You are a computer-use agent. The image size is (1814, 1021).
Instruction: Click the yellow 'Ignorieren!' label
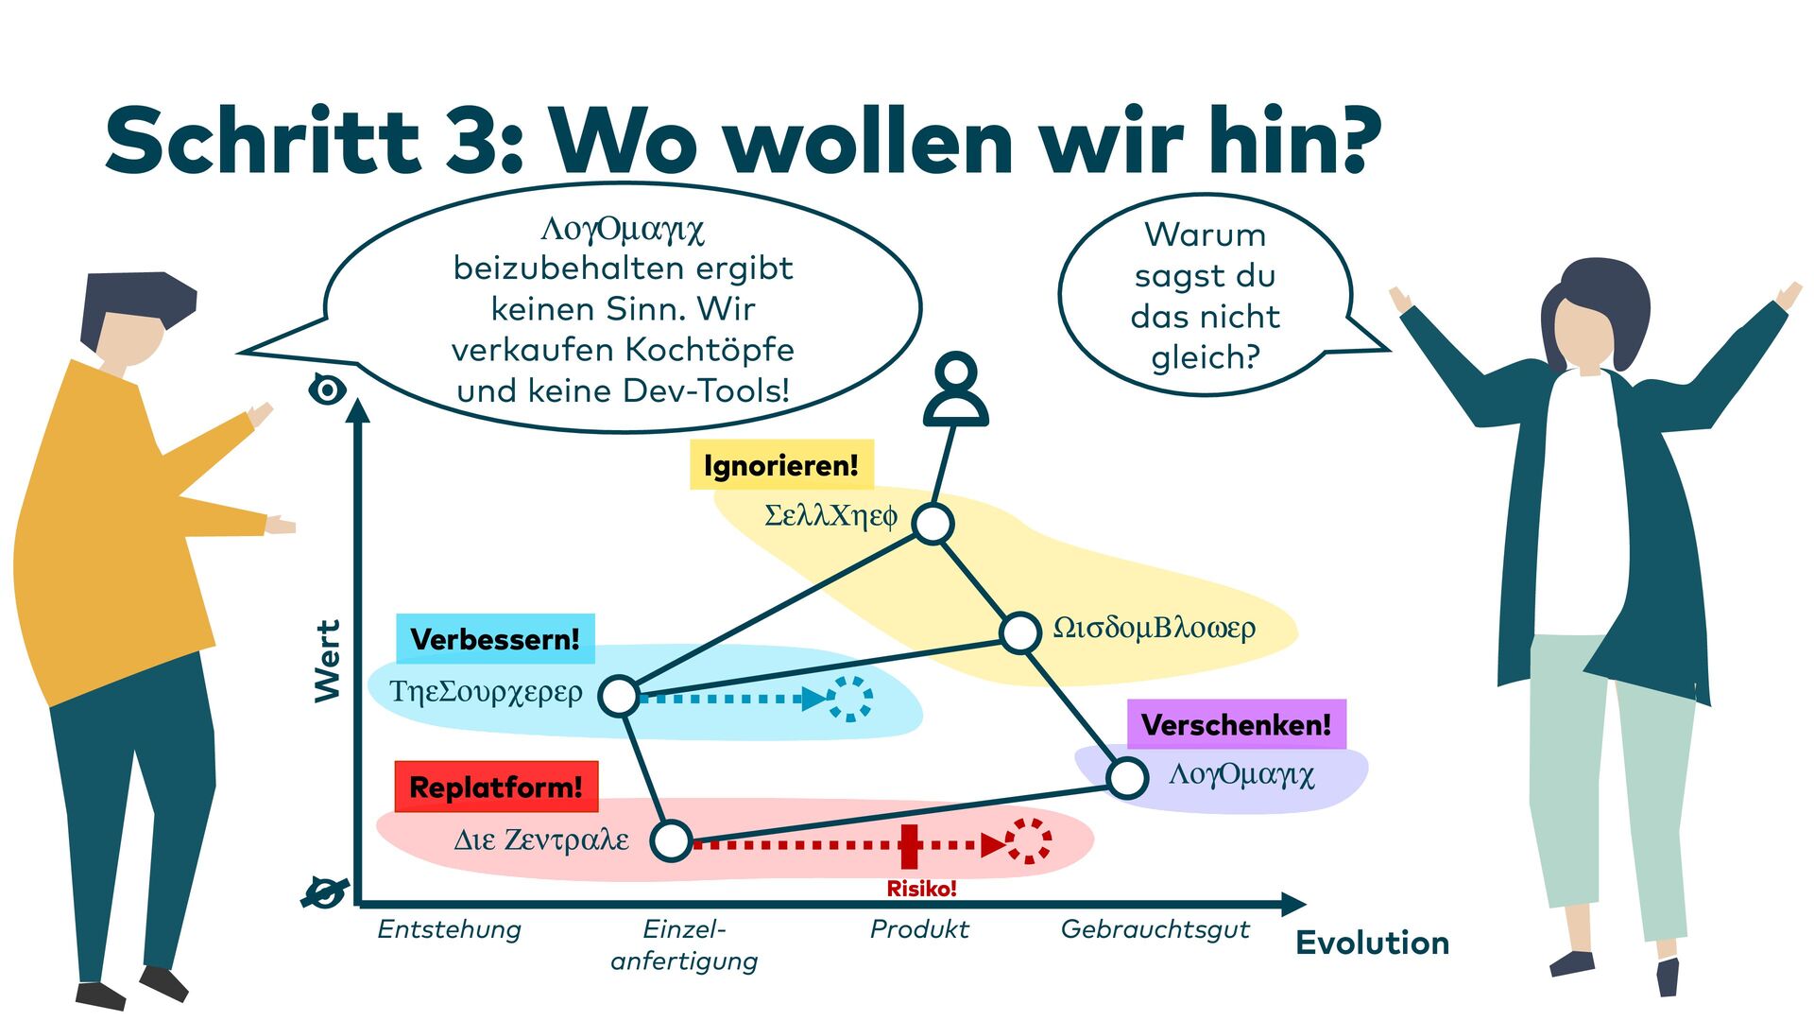[x=781, y=465]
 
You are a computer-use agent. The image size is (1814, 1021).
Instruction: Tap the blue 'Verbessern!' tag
[x=495, y=639]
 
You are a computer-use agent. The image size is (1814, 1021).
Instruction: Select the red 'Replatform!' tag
[x=496, y=787]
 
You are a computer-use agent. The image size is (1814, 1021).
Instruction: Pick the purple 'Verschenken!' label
[x=1236, y=725]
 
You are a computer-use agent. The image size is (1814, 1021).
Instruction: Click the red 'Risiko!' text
[x=921, y=889]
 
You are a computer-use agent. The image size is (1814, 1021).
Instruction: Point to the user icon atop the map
[x=956, y=389]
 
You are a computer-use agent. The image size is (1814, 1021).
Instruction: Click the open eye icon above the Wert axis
[x=327, y=389]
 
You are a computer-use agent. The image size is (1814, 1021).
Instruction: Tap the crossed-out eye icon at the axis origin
[x=325, y=891]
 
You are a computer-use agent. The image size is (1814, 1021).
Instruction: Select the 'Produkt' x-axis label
[x=919, y=929]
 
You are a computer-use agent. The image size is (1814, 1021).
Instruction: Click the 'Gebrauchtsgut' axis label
[x=1155, y=929]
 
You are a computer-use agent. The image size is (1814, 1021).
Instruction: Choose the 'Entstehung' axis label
[x=449, y=929]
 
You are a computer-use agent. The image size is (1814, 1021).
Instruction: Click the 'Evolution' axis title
[x=1372, y=943]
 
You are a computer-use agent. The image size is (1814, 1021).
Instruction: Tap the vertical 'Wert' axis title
[x=327, y=662]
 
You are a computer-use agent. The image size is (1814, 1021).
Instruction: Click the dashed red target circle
[x=1028, y=841]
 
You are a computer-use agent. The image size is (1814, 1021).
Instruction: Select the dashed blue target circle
[x=849, y=699]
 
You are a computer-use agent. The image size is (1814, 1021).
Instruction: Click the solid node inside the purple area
[x=1127, y=778]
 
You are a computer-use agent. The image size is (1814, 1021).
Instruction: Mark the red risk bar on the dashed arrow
[x=909, y=845]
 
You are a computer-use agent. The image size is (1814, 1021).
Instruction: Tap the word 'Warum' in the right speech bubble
[x=1205, y=234]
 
